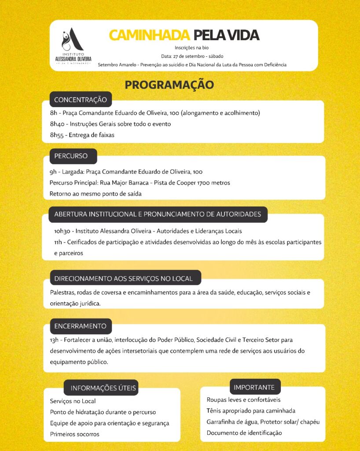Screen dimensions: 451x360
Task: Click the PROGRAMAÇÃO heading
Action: pos(169,85)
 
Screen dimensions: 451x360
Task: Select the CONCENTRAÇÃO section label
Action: pos(81,100)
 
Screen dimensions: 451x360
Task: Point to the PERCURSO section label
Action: pos(71,156)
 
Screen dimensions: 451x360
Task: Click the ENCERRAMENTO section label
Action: pos(81,326)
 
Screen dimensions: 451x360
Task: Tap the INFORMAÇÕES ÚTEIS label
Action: pos(103,388)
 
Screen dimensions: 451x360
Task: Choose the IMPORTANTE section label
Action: pos(254,388)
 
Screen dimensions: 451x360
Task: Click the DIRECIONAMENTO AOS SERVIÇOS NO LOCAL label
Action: pos(124,278)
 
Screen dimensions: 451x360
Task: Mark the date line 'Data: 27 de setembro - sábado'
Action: pos(192,56)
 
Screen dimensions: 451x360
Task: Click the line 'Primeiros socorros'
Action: pos(75,434)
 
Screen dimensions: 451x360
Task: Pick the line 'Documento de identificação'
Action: pos(244,433)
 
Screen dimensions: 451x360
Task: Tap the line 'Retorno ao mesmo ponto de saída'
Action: pos(96,194)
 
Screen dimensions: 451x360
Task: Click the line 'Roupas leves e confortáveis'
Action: pos(243,400)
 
